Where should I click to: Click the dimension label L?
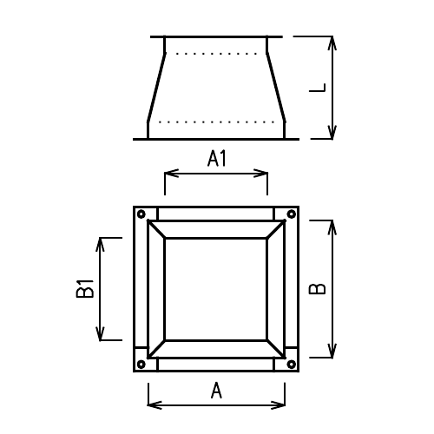320,88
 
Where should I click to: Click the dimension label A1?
216,158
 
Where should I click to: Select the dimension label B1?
85,288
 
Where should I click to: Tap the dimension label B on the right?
319,288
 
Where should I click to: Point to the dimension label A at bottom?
216,391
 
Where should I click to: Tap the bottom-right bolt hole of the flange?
291,364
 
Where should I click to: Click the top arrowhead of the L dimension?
332,41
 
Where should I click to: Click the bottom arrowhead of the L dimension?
332,134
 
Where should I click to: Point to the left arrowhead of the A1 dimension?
169,174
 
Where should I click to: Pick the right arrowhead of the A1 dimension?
262,174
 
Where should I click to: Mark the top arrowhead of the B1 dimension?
102,241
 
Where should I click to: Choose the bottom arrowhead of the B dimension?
332,352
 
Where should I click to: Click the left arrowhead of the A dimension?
153,404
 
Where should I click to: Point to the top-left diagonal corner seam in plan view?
156,228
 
